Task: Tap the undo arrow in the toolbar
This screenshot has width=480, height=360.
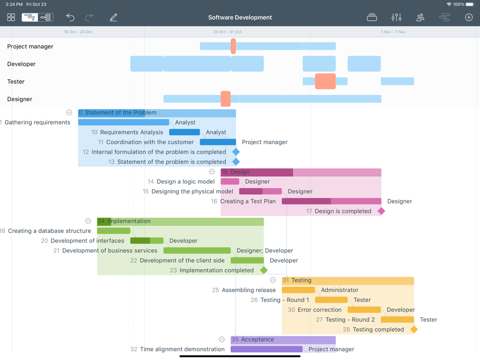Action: click(70, 17)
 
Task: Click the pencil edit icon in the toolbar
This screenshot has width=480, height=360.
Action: click(113, 17)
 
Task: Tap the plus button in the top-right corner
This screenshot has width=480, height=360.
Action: click(468, 17)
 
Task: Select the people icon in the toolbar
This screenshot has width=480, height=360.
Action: click(420, 17)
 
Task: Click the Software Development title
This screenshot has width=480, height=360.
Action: click(240, 17)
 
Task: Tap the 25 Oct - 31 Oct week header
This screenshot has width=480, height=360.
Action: click(227, 32)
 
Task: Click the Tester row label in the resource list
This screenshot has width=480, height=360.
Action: click(16, 82)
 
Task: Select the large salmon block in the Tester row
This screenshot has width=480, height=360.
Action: click(325, 81)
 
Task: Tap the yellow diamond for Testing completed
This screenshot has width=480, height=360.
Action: click(414, 329)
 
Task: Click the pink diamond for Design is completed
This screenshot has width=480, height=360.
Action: click(381, 211)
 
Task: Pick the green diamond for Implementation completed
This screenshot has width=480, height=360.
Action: click(264, 270)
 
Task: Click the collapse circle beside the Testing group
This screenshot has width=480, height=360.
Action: click(273, 280)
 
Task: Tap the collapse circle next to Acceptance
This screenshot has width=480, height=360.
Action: click(222, 339)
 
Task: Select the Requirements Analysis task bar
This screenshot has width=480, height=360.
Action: click(184, 132)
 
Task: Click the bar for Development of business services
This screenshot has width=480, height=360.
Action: click(197, 251)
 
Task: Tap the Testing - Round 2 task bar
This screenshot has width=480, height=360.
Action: click(397, 320)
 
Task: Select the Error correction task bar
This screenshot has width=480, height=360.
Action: click(364, 310)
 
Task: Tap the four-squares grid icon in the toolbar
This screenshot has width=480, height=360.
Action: click(11, 17)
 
